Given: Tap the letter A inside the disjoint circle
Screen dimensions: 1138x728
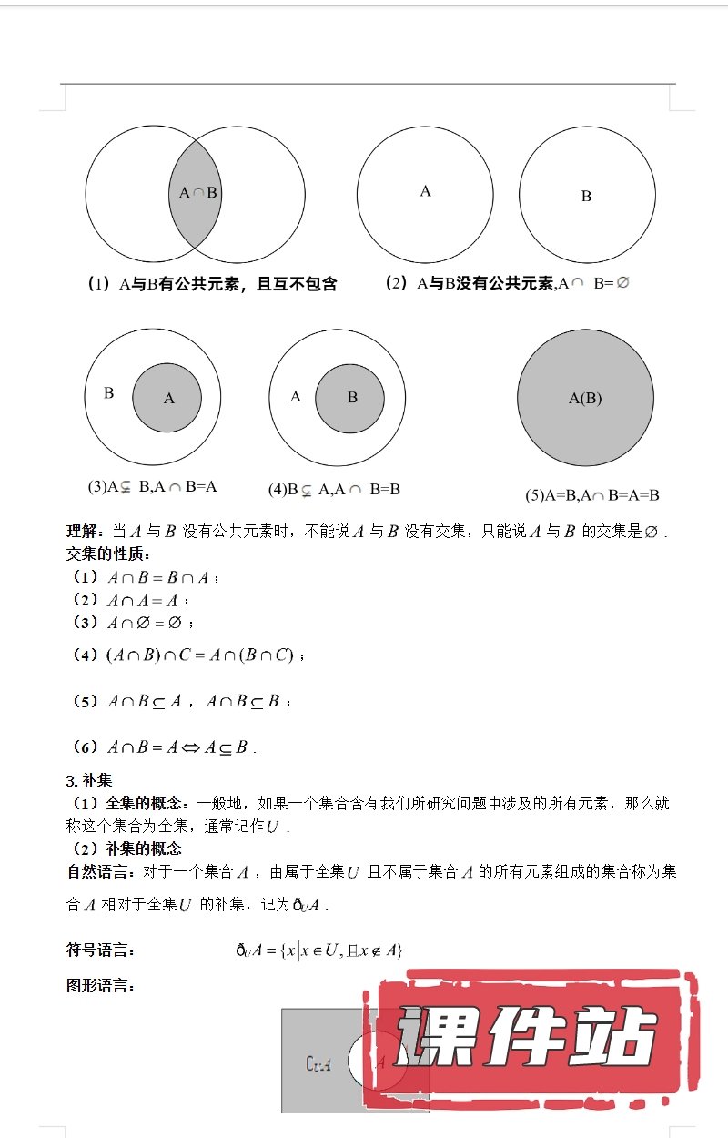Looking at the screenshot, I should pyautogui.click(x=425, y=191).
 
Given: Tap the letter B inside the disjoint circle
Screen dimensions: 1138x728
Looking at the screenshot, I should pyautogui.click(x=586, y=196).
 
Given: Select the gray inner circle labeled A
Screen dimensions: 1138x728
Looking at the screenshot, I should pyautogui.click(x=167, y=398).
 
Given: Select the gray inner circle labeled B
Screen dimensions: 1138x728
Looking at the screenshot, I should pyautogui.click(x=351, y=398).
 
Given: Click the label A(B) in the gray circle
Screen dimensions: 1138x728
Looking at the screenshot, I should pyautogui.click(x=585, y=398).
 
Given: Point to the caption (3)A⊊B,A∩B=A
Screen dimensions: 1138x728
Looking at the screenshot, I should pyautogui.click(x=152, y=486).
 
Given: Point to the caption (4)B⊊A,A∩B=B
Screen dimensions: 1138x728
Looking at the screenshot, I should pyautogui.click(x=334, y=489).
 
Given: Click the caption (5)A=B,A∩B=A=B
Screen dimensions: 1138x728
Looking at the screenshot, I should pyautogui.click(x=591, y=495).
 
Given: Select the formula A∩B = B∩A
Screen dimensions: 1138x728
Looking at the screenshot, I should pyautogui.click(x=158, y=577).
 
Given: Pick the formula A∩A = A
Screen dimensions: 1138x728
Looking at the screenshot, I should pyautogui.click(x=142, y=600).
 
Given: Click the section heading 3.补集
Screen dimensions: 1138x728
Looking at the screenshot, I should pyautogui.click(x=88, y=779).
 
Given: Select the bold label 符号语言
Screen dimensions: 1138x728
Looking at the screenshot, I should pyautogui.click(x=100, y=950).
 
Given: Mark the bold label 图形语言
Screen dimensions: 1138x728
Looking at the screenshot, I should pyautogui.click(x=100, y=985).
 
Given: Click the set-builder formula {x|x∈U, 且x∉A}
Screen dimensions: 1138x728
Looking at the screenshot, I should pyautogui.click(x=341, y=950).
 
